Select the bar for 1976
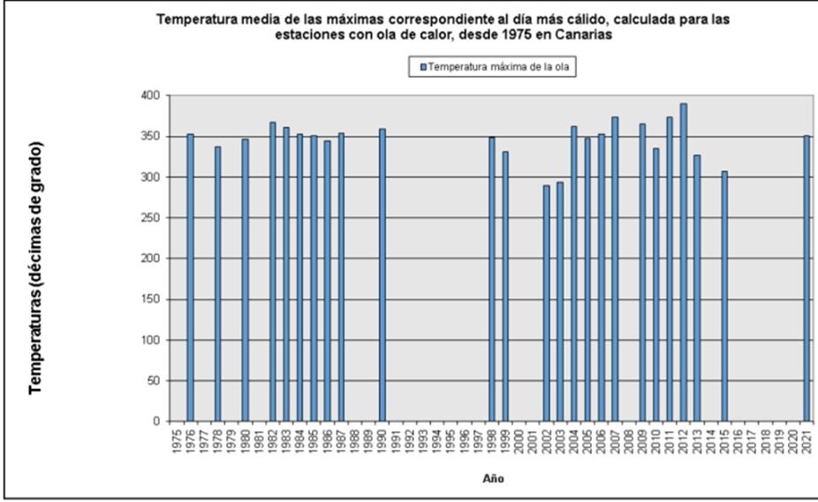click(x=190, y=278)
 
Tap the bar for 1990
click(x=382, y=275)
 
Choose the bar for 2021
click(x=807, y=278)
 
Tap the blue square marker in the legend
click(x=423, y=67)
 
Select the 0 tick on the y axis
click(x=158, y=422)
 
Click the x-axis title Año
click(x=493, y=479)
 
